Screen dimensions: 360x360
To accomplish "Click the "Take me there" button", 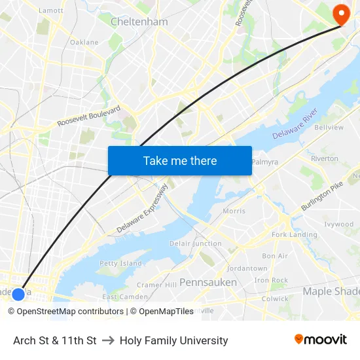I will tap(180, 160).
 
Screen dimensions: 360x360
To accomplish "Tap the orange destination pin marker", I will tap(341, 14).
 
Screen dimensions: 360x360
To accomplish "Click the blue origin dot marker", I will tap(18, 294).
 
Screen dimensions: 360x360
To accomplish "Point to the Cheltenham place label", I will tap(139, 22).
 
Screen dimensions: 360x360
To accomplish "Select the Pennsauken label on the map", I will tap(208, 282).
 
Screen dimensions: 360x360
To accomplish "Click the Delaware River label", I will tap(295, 124).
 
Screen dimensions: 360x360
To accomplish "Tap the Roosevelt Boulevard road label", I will tap(89, 116).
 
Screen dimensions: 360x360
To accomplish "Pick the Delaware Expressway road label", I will tap(143, 209).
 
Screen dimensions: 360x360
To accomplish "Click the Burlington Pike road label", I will tap(322, 196).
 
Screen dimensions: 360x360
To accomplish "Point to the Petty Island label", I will tap(120, 263).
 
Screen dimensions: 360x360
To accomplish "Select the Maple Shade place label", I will tap(331, 291).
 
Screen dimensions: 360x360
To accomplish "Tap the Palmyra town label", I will tap(265, 162).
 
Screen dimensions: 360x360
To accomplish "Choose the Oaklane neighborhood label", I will tap(84, 43).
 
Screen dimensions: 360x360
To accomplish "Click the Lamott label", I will tap(51, 10).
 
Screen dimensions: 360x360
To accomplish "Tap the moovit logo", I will tap(321, 340).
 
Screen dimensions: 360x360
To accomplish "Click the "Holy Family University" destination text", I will tap(173, 340).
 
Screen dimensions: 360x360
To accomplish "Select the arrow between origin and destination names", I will tap(108, 340).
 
